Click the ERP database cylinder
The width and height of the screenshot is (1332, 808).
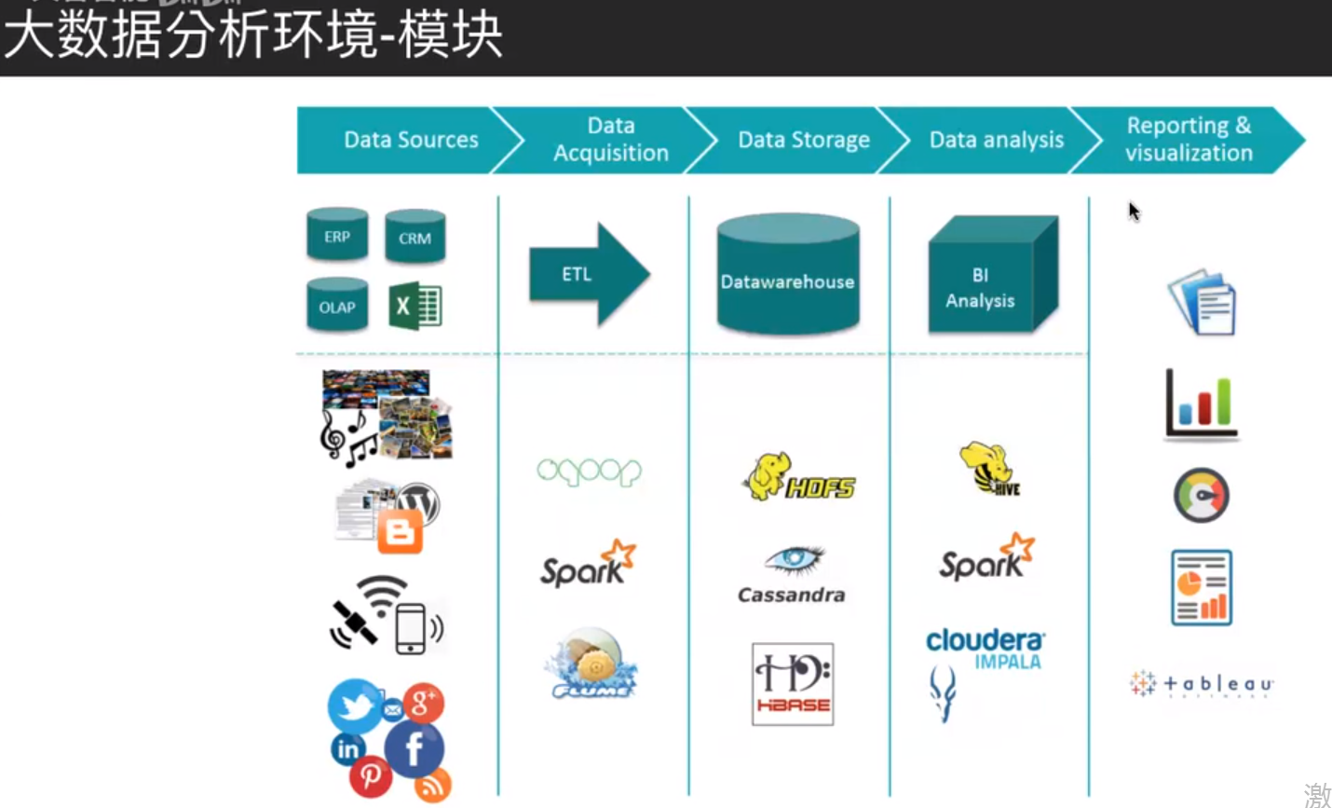[337, 235]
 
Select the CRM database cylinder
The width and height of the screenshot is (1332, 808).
[415, 237]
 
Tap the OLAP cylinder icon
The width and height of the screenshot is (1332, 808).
[337, 306]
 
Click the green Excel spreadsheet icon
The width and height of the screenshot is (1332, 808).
[415, 306]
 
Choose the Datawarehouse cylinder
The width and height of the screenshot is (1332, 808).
[788, 276]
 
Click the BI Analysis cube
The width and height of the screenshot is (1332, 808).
[991, 277]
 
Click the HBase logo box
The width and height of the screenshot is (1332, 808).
[793, 684]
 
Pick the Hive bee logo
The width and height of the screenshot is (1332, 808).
[990, 469]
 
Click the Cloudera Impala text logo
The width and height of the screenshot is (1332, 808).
[985, 649]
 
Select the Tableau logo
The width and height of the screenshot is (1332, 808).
[1202, 684]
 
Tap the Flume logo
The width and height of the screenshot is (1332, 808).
[592, 664]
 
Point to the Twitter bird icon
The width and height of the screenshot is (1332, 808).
[355, 705]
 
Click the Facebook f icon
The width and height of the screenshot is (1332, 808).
[414, 748]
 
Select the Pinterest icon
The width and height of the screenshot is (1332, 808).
[371, 775]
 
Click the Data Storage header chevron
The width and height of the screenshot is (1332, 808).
[802, 140]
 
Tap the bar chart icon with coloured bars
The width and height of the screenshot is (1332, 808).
[1202, 404]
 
